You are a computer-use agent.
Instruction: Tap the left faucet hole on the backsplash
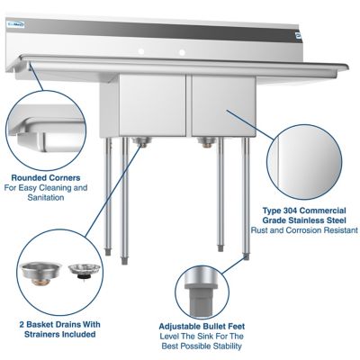[140, 43]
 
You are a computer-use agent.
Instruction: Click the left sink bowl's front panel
[151, 104]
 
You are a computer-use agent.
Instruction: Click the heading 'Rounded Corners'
[44, 177]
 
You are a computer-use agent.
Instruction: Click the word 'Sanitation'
[44, 197]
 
